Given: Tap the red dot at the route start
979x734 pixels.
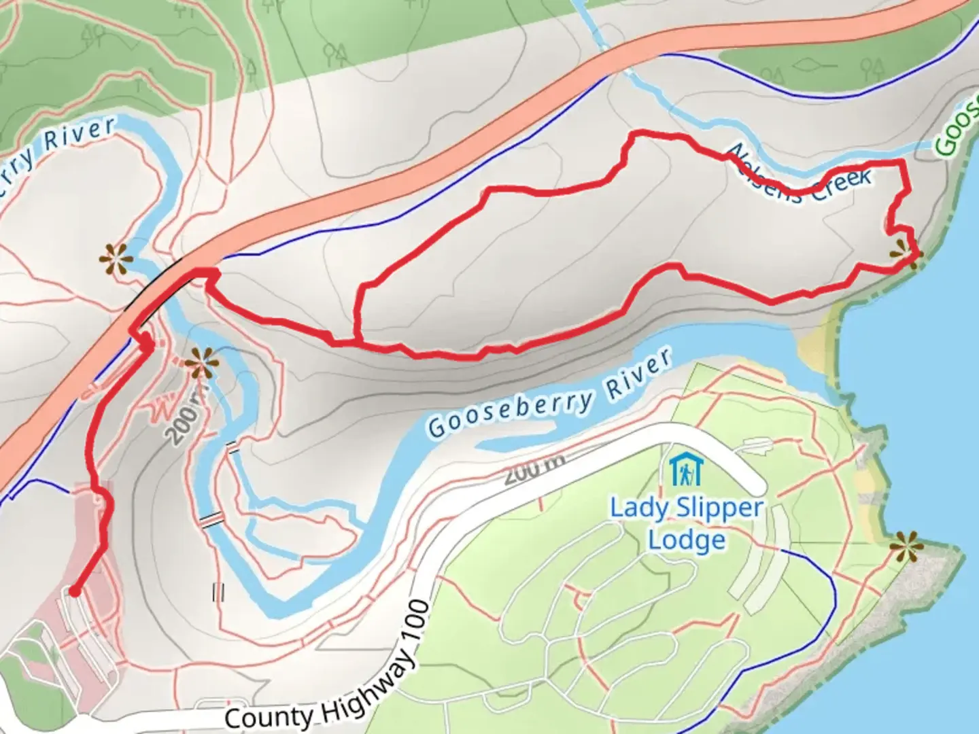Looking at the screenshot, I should pos(74,592).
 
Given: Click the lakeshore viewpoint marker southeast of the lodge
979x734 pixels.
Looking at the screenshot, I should pos(905,546).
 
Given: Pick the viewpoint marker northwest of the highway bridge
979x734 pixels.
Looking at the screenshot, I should pos(114,259).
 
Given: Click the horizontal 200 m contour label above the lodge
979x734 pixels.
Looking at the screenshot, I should pos(534,470).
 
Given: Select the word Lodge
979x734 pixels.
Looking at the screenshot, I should pos(686,540).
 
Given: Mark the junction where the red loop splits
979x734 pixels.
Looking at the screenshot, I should pos(355,339).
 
